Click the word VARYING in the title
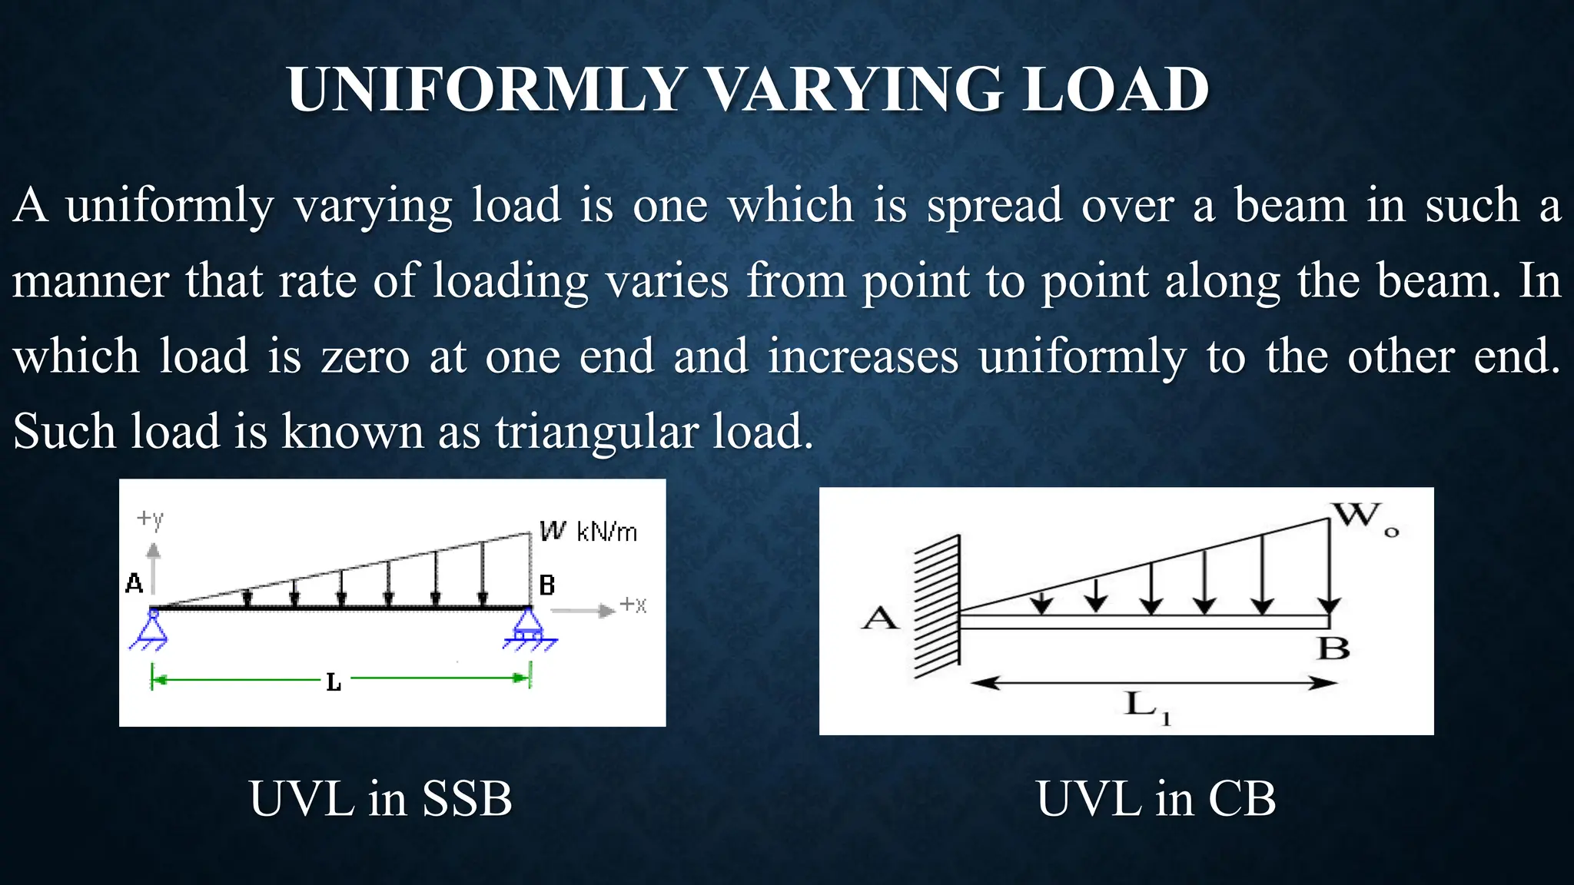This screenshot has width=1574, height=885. point(854,90)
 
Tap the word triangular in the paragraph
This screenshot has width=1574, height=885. point(594,432)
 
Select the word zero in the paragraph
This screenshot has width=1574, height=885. point(365,357)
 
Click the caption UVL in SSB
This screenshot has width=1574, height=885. point(380,799)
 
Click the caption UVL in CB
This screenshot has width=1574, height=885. point(1156,799)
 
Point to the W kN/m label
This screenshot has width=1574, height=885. point(588,531)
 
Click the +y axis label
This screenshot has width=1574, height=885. point(151,519)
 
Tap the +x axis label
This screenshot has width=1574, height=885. point(633,605)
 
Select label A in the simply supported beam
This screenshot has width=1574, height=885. point(134,584)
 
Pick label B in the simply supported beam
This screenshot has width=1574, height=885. point(546,585)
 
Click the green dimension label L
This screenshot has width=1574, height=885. point(333,681)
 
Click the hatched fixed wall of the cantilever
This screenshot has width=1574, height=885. point(936,607)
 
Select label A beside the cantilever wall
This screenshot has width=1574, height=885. point(879,618)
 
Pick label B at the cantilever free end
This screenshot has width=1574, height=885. point(1333,648)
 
